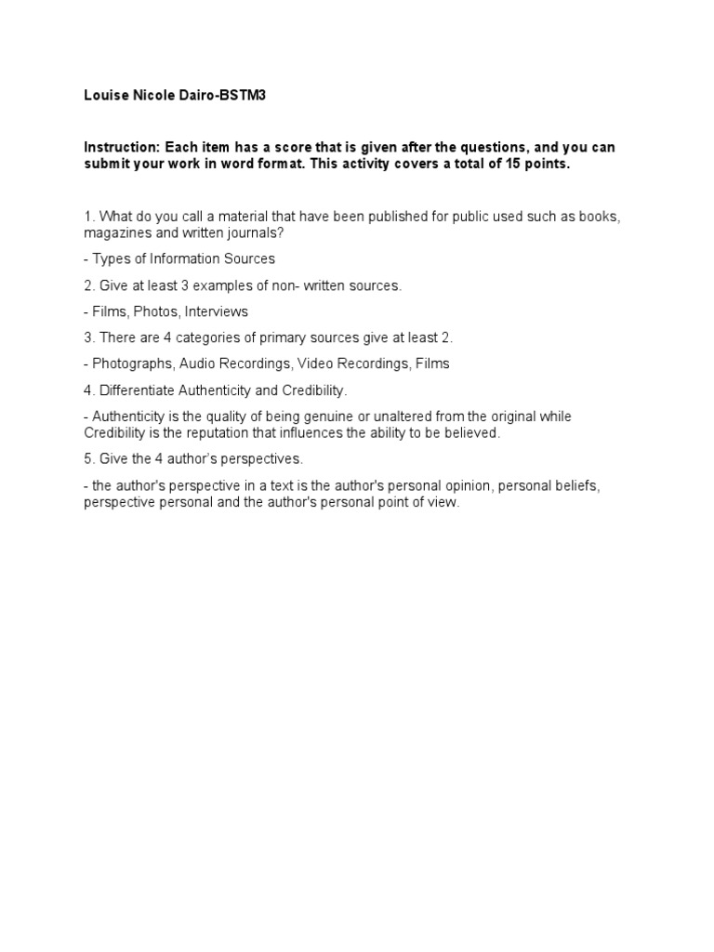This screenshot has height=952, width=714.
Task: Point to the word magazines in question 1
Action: (x=115, y=231)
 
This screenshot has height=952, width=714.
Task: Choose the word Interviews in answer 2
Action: (x=218, y=311)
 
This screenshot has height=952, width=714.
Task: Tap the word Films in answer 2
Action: (x=109, y=311)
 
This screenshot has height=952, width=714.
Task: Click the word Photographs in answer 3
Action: (x=132, y=364)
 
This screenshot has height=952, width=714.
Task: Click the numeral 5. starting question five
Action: (x=88, y=459)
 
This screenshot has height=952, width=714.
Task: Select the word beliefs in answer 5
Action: (x=588, y=486)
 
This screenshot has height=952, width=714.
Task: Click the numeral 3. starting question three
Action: (x=88, y=337)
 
